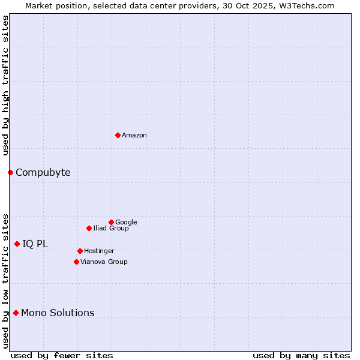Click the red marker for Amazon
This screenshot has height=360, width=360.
[x=118, y=135]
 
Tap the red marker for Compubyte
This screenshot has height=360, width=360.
[x=10, y=172]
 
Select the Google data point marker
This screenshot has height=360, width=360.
[x=111, y=222]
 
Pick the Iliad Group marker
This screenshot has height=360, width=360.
[x=89, y=228]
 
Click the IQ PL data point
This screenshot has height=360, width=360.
[x=17, y=244]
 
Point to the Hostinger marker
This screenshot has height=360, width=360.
[x=80, y=251]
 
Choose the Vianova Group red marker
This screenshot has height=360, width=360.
[x=76, y=262]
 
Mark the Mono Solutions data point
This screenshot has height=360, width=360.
[x=16, y=313]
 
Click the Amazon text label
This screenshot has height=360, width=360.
[x=134, y=136]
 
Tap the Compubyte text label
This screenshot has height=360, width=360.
[x=43, y=173]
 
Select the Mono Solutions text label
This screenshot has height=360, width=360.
[x=58, y=313]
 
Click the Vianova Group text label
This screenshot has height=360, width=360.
[x=104, y=262]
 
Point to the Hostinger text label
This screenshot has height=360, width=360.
[x=99, y=251]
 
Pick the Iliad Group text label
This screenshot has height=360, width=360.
[x=111, y=228]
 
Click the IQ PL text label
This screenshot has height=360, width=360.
[x=35, y=244]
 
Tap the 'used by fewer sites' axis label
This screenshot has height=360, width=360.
[x=61, y=355]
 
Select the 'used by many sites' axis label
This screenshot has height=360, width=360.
[x=301, y=355]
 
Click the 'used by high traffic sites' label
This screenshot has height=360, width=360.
[x=5, y=85]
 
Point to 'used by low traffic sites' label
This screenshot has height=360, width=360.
[x=5, y=280]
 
